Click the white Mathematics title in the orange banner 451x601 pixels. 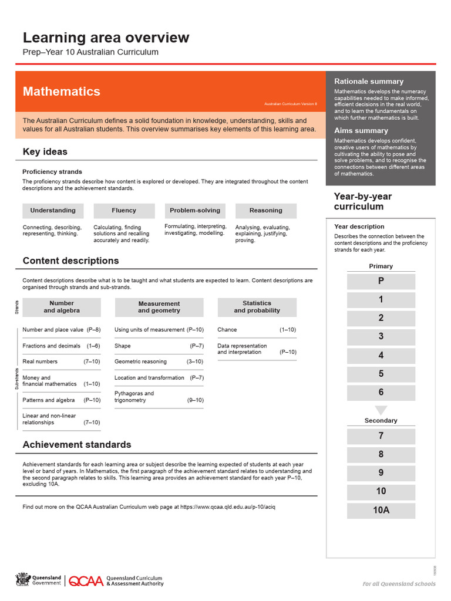pyautogui.click(x=61, y=92)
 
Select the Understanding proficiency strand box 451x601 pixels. pyautogui.click(x=53, y=211)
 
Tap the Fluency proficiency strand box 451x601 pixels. pyautogui.click(x=124, y=211)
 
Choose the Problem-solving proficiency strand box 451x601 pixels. pyautogui.click(x=195, y=211)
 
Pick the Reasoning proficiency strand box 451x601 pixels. pyautogui.click(x=265, y=211)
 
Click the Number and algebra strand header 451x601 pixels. pyautogui.click(x=62, y=307)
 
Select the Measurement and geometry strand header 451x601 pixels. pyautogui.click(x=159, y=307)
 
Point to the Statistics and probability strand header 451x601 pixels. pyautogui.click(x=257, y=307)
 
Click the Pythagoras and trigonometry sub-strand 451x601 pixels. pyautogui.click(x=134, y=397)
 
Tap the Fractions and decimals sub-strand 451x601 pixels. pyautogui.click(x=52, y=346)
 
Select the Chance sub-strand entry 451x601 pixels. pyautogui.click(x=227, y=330)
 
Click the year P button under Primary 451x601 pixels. pyautogui.click(x=381, y=282)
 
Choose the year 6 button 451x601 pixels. pyautogui.click(x=381, y=393)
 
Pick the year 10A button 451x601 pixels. pyautogui.click(x=381, y=510)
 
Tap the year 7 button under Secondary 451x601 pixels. pyautogui.click(x=381, y=436)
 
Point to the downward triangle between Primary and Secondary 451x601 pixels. pyautogui.click(x=381, y=410)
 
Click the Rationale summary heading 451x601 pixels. pyautogui.click(x=369, y=82)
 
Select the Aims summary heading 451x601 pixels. pyautogui.click(x=361, y=131)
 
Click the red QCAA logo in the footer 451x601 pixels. pyautogui.click(x=86, y=581)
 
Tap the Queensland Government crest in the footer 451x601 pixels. pyautogui.click(x=22, y=580)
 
